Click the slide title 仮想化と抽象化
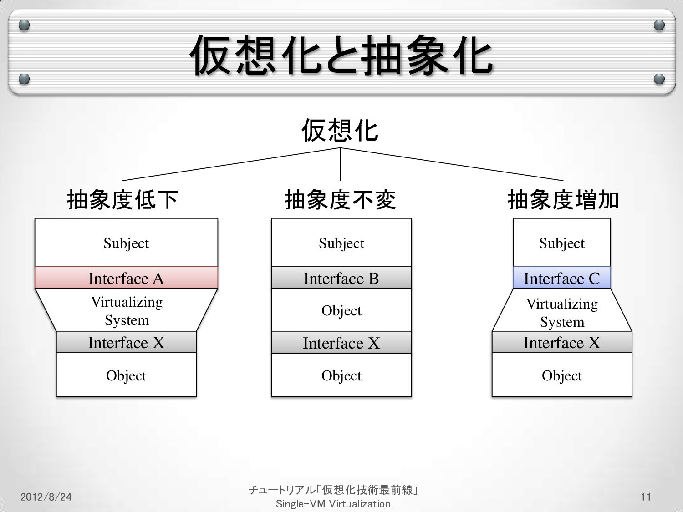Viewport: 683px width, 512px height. (x=341, y=56)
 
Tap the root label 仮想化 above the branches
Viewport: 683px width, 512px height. (x=340, y=131)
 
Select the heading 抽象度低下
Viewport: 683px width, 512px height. (x=122, y=200)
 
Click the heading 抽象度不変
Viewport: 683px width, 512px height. (x=340, y=200)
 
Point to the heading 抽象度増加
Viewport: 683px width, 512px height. (x=563, y=200)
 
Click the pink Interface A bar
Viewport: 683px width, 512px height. (x=126, y=278)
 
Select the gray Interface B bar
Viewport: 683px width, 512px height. (x=341, y=278)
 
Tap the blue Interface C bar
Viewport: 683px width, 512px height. (x=562, y=278)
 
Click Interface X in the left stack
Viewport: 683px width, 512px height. (x=126, y=342)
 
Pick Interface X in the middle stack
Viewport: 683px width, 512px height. (x=341, y=343)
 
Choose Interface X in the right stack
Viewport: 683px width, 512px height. (x=562, y=342)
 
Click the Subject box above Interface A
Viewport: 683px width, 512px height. (x=126, y=243)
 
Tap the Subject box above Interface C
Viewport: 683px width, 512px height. (x=562, y=243)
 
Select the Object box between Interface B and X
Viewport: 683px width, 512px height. (x=341, y=310)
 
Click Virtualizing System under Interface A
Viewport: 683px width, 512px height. (x=127, y=311)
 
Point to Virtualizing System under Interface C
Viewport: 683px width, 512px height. (x=562, y=312)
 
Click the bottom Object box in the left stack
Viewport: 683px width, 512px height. (x=126, y=375)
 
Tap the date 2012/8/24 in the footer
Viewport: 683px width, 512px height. (x=46, y=497)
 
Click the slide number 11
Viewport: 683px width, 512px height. (x=646, y=497)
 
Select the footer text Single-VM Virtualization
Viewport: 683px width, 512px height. (x=333, y=504)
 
